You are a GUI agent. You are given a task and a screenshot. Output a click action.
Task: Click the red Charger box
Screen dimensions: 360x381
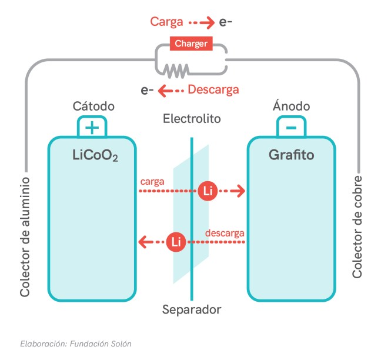[x=190, y=43]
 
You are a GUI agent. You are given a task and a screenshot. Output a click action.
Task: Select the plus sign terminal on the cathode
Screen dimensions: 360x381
[x=93, y=127]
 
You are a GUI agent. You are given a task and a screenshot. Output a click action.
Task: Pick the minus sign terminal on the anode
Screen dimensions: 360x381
[x=290, y=127]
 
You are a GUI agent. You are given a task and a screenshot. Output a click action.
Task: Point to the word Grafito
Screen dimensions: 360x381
[x=291, y=156]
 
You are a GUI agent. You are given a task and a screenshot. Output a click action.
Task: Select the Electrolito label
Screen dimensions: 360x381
[x=192, y=119]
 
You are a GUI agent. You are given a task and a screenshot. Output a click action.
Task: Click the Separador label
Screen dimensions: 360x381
[x=192, y=309]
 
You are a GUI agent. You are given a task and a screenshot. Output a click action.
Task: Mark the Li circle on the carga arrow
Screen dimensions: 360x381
[x=207, y=191]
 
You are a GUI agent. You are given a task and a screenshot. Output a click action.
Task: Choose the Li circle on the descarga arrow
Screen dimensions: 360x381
[x=175, y=241]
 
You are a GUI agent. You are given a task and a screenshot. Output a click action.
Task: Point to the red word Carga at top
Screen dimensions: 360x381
[x=166, y=22]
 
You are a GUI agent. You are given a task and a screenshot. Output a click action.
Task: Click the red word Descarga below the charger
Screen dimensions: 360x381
[x=213, y=90]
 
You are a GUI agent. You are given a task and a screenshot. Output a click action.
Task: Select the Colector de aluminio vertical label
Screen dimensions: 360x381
[x=25, y=235]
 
